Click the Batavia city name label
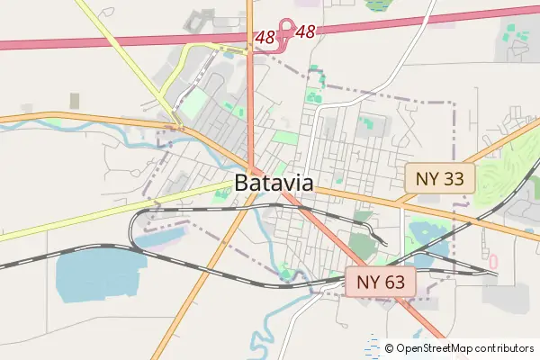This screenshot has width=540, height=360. (x=274, y=183)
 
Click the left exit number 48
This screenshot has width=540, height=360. (x=265, y=38)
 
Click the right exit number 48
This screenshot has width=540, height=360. (x=306, y=32)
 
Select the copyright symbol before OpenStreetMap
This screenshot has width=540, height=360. (x=390, y=347)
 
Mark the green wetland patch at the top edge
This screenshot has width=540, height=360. (x=379, y=4)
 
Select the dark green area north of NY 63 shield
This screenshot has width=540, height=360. (x=362, y=243)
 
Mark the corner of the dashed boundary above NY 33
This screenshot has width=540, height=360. (x=454, y=103)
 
